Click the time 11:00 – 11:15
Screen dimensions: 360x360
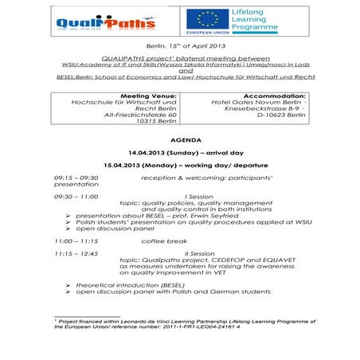77,240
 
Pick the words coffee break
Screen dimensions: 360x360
164,240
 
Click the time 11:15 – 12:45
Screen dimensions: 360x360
77,252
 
